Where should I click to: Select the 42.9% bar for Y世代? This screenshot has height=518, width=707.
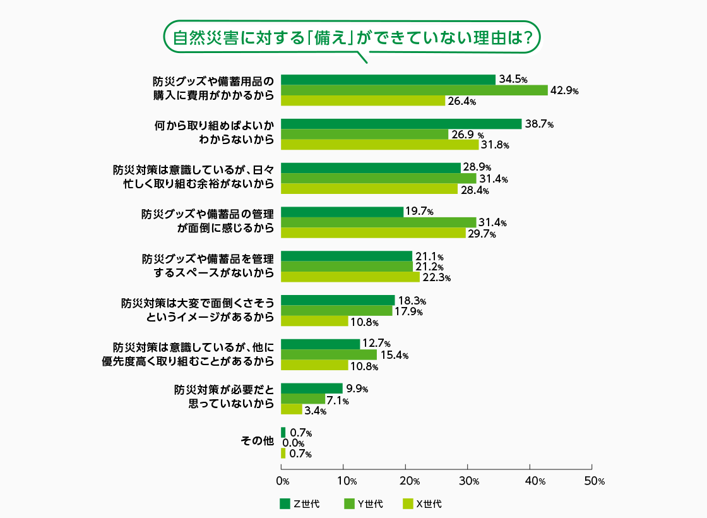coord(414,90)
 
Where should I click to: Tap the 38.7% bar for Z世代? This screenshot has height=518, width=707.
coord(401,124)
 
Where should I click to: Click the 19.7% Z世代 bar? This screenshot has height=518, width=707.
coord(342,212)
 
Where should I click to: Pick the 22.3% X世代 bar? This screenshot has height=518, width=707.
coord(350,277)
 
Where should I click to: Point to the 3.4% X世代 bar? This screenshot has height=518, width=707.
coord(292,409)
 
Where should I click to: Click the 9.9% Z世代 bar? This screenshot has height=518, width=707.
coord(312,388)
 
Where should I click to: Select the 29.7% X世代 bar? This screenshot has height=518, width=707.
coord(373,233)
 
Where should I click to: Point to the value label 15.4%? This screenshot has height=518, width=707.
coord(394,356)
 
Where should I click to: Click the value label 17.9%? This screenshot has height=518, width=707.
coord(408,311)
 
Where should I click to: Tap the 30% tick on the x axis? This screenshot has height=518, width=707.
coord(468,481)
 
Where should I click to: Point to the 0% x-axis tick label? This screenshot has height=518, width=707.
coord(282,481)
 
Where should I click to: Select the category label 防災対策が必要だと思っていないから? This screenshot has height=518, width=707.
coord(224,396)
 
